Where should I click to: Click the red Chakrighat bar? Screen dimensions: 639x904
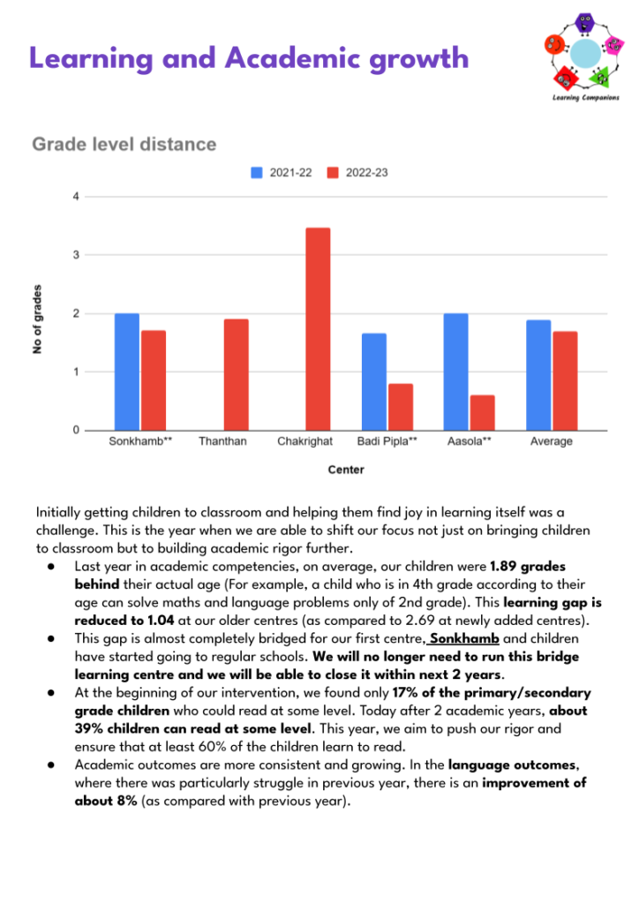click(318, 329)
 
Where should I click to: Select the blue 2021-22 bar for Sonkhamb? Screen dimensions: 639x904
click(127, 372)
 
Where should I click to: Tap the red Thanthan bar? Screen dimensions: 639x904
click(237, 374)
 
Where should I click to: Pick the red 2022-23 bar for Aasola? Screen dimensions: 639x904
click(482, 413)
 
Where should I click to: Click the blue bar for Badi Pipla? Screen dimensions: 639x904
click(374, 381)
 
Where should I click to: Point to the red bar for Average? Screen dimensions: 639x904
click(565, 381)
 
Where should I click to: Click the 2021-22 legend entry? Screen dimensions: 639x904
click(282, 172)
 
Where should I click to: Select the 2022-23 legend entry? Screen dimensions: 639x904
click(357, 172)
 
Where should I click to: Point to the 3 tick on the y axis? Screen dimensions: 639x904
click(76, 255)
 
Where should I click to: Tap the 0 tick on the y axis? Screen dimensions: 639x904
click(76, 430)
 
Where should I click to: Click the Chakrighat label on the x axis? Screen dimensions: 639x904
click(304, 441)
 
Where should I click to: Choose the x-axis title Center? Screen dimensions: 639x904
click(346, 470)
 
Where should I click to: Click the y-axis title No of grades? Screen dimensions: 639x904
click(37, 319)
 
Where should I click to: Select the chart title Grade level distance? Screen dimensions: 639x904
click(124, 144)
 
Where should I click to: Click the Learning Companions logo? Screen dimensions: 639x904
click(584, 56)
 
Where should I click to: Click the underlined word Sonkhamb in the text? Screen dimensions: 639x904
click(464, 639)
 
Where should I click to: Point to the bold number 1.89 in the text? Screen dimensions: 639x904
click(504, 566)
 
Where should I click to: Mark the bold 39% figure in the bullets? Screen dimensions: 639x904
click(89, 728)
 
